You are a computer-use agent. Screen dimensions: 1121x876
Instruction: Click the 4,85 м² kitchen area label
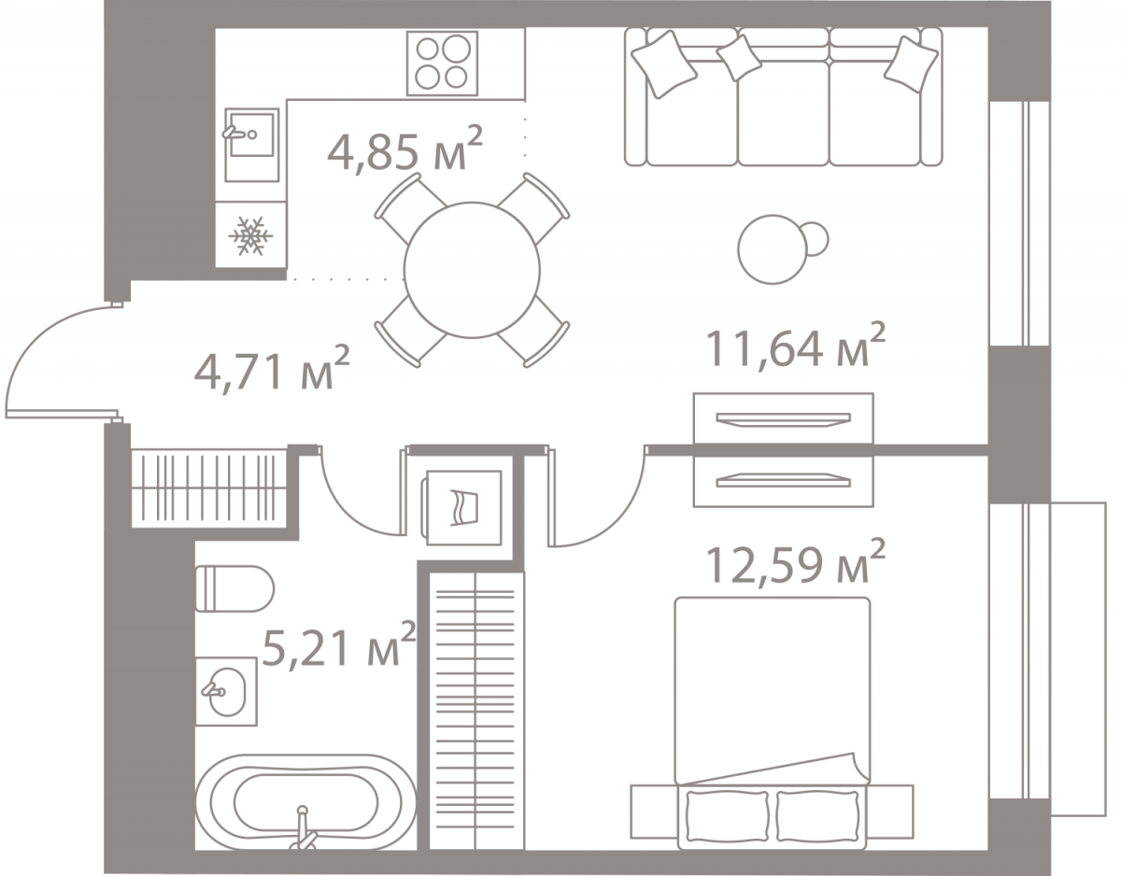pos(405,148)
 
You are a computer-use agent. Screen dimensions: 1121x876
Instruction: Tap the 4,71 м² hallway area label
pos(272,368)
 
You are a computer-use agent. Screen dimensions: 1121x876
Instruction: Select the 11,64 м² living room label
pos(795,345)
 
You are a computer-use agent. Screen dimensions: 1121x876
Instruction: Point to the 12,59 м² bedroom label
pos(795,561)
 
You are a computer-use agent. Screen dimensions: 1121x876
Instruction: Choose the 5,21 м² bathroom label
pos(339,644)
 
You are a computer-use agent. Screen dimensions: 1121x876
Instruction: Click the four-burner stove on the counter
pos(442,64)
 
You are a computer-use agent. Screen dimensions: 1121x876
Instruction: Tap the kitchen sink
pos(251,145)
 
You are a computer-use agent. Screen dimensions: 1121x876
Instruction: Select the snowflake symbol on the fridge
pos(250,236)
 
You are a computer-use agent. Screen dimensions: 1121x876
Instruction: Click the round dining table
pos(472,270)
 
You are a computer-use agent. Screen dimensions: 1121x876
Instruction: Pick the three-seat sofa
pos(783,97)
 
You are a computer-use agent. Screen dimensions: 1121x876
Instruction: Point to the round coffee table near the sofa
pos(773,249)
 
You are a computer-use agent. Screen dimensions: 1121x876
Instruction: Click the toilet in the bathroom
pos(234,588)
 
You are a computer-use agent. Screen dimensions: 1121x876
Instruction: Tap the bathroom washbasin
pos(226,691)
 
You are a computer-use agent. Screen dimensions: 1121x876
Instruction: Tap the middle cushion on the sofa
pos(739,58)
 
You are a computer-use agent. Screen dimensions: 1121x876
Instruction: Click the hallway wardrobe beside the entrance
pos(209,488)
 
